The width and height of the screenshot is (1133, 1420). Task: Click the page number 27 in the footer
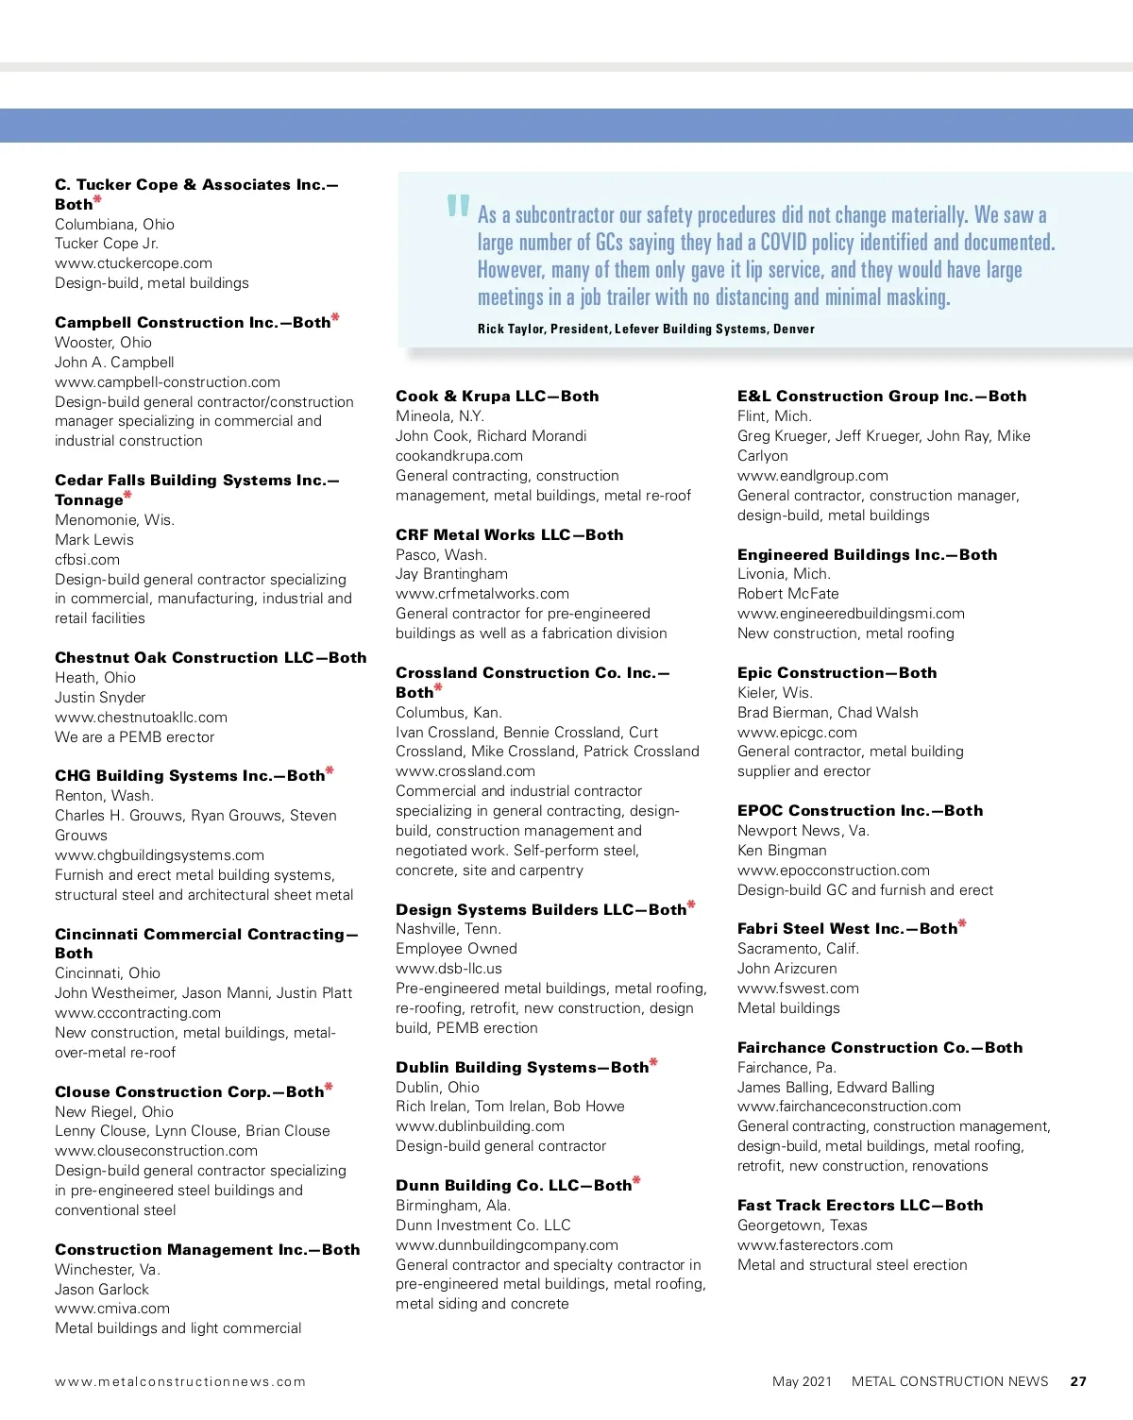click(x=1078, y=1381)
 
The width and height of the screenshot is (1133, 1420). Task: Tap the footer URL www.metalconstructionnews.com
click(x=180, y=1381)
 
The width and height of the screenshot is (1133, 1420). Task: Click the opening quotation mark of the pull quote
click(x=458, y=206)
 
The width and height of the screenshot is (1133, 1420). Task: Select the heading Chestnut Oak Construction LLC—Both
click(x=211, y=657)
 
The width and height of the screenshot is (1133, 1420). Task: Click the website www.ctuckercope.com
click(x=133, y=263)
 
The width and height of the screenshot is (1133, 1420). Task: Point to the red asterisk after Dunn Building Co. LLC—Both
click(x=636, y=1180)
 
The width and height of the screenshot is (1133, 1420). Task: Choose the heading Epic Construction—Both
click(x=837, y=672)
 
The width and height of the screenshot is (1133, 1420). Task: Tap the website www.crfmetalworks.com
click(x=482, y=594)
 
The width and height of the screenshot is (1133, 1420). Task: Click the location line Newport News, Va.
click(x=803, y=831)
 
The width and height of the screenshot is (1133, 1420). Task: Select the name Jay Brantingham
click(x=451, y=574)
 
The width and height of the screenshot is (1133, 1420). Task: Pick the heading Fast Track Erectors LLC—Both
click(x=859, y=1205)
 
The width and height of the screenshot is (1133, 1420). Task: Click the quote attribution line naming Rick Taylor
click(x=646, y=329)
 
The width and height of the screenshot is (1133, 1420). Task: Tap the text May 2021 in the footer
click(x=802, y=1381)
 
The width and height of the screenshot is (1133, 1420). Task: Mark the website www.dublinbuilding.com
click(x=480, y=1126)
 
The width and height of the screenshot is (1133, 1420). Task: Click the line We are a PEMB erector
click(x=134, y=737)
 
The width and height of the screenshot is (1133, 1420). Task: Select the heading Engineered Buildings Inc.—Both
click(x=867, y=554)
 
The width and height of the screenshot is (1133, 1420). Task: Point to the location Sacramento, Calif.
click(x=798, y=949)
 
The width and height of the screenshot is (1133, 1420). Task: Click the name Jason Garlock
click(x=101, y=1290)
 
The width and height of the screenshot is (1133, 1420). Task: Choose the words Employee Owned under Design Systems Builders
click(x=456, y=949)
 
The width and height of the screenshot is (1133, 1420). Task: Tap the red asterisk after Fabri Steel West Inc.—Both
click(x=962, y=924)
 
